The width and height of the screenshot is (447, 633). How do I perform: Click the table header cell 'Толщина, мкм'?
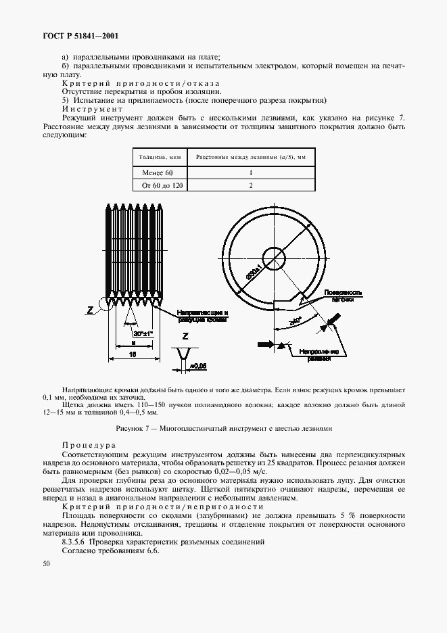pyautogui.click(x=160, y=156)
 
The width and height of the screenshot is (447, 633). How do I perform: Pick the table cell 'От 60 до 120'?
pyautogui.click(x=160, y=185)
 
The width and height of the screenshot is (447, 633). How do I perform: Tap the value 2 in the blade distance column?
pyautogui.click(x=251, y=185)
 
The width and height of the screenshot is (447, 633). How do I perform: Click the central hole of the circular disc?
pyautogui.click(x=273, y=258)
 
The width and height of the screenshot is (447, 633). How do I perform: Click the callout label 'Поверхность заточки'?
pyautogui.click(x=344, y=295)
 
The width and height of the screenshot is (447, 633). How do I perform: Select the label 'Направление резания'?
pyautogui.click(x=319, y=356)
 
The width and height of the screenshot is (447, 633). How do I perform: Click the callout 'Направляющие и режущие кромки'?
pyautogui.click(x=203, y=316)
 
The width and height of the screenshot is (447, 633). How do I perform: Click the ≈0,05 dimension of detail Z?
pyautogui.click(x=197, y=366)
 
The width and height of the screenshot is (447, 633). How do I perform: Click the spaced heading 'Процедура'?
pyautogui.click(x=88, y=446)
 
